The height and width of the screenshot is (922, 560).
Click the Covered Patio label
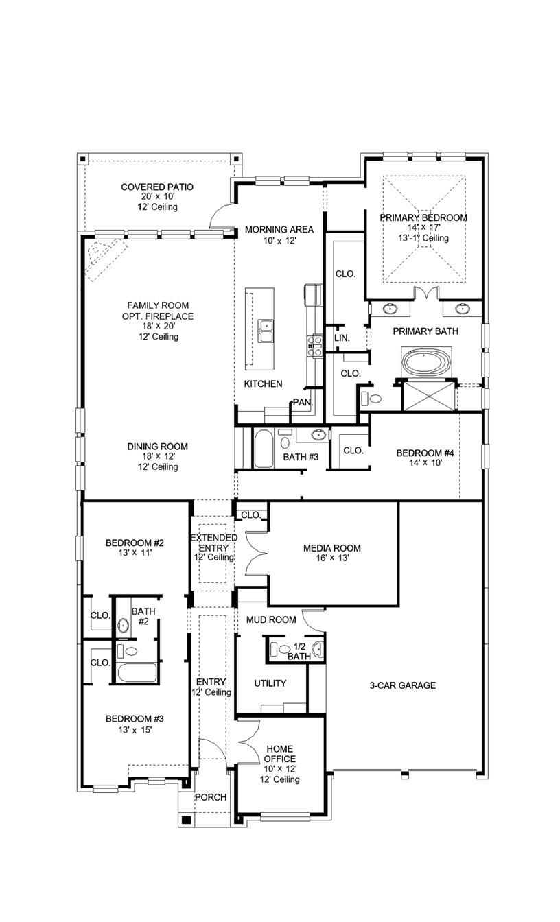point(157,187)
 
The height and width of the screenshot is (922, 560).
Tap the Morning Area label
point(270,230)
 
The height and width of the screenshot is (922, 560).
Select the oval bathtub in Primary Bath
point(425,362)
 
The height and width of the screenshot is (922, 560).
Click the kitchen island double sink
point(266,330)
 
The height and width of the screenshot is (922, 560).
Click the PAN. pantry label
point(302,402)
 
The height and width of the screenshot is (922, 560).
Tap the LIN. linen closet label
point(342,338)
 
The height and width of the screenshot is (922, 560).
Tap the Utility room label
point(270,683)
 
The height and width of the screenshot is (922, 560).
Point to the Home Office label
point(280,754)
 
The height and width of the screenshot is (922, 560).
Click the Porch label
point(210,797)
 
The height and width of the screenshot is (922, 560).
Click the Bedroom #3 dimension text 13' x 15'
point(135,730)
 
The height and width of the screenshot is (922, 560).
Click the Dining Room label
point(157,447)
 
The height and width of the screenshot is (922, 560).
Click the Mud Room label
point(271,619)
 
